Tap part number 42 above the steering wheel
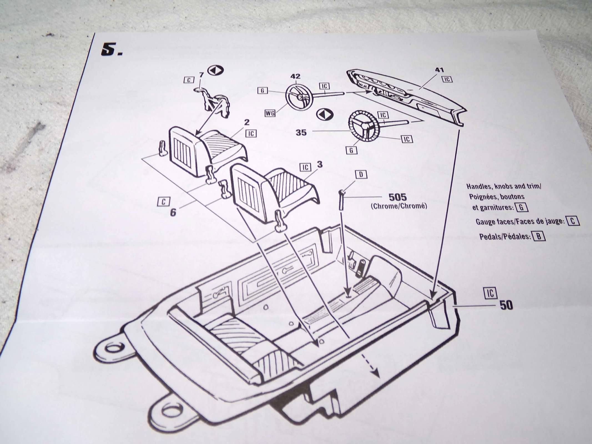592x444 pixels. pyautogui.click(x=296, y=77)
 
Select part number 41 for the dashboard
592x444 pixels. pyautogui.click(x=440, y=70)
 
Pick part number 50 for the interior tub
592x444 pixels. pyautogui.click(x=506, y=306)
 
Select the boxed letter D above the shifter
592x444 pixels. pyautogui.click(x=361, y=175)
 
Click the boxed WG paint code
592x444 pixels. pyautogui.click(x=269, y=113)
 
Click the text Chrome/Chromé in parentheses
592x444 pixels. pyautogui.click(x=399, y=206)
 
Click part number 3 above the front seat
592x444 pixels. pyautogui.click(x=320, y=165)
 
